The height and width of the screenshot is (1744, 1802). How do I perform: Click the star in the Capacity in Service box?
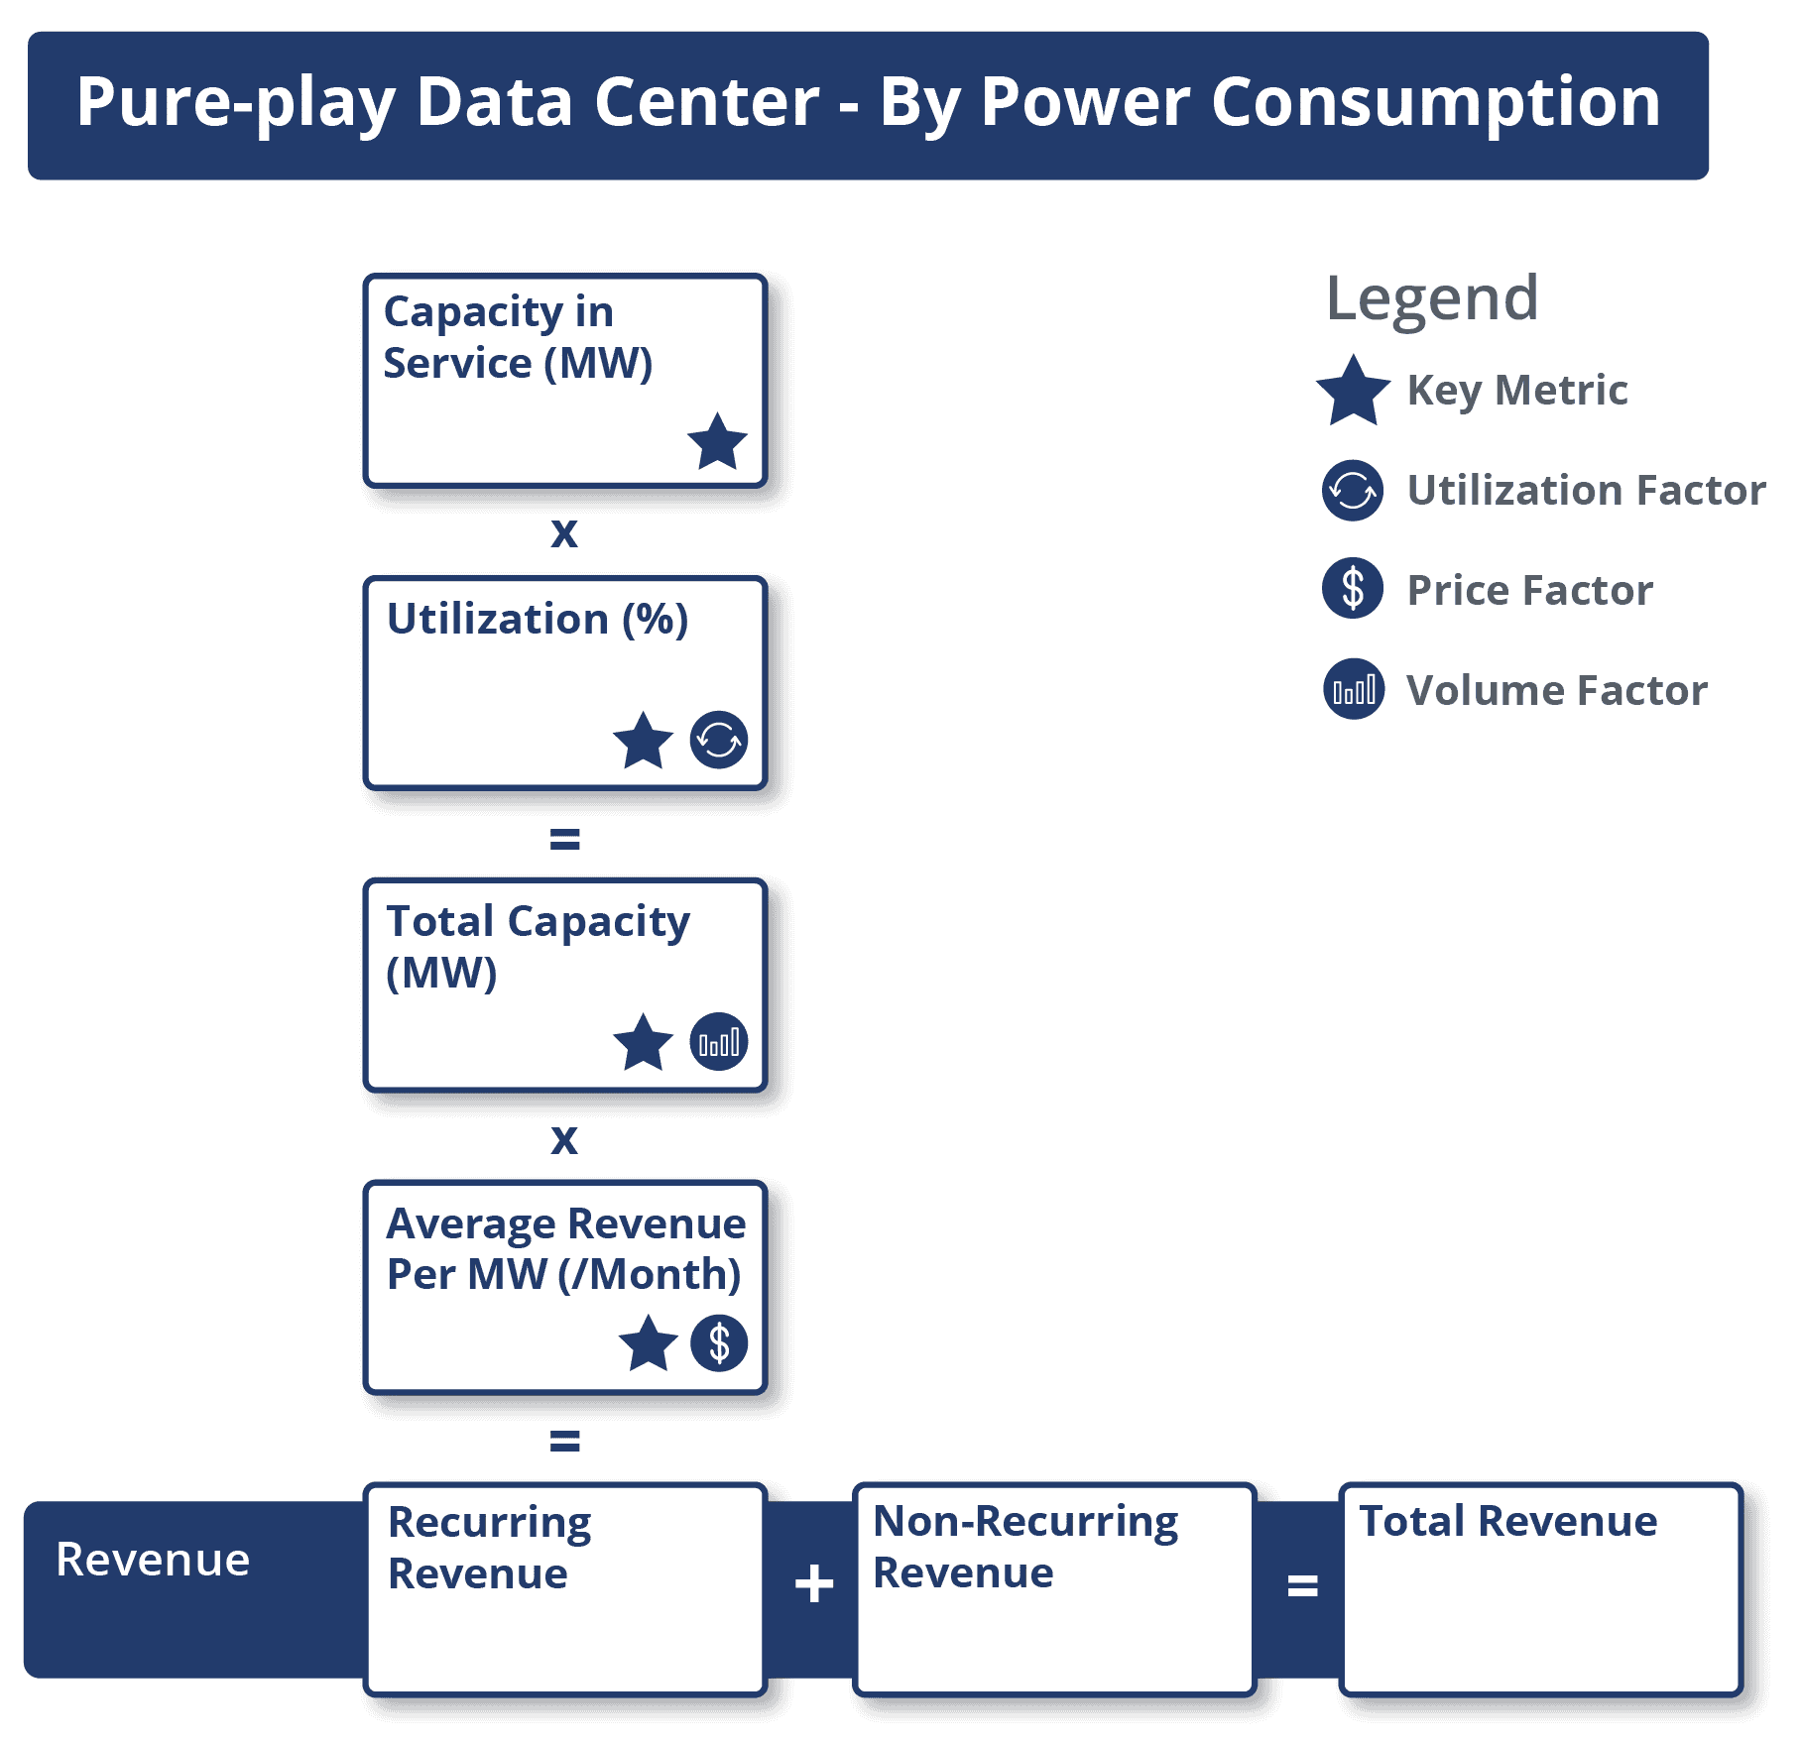(x=717, y=442)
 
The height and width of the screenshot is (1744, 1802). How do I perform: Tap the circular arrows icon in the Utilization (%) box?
(x=719, y=740)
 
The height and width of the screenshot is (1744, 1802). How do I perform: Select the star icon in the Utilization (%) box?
(x=643, y=742)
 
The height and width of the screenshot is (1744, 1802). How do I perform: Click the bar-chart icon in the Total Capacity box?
(x=719, y=1042)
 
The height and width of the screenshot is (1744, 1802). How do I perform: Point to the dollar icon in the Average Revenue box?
(x=719, y=1343)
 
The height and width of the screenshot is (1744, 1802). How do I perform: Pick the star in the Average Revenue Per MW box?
(x=648, y=1344)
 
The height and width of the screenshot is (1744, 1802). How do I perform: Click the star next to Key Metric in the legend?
(x=1353, y=392)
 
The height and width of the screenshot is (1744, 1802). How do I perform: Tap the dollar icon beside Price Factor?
(x=1353, y=589)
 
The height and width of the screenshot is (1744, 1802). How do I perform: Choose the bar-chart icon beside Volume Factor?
(x=1354, y=689)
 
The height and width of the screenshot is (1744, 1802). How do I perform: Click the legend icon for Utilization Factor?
(x=1353, y=490)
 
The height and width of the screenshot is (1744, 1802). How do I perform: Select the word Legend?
(x=1432, y=298)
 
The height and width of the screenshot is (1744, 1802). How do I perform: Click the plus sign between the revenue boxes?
(x=814, y=1583)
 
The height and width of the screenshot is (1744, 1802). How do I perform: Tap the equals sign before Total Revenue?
(x=1302, y=1585)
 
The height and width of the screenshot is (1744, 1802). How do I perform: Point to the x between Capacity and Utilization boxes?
(x=564, y=533)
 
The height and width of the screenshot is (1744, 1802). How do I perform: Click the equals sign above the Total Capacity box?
(x=564, y=840)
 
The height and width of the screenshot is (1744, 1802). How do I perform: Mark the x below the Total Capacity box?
(x=564, y=1140)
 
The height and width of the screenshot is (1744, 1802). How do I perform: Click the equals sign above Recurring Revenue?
(x=564, y=1441)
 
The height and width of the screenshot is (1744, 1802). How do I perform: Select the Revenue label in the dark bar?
(x=153, y=1560)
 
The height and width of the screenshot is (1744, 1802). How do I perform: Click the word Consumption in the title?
(x=1435, y=102)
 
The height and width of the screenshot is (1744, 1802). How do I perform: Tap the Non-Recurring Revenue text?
(x=1024, y=1547)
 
